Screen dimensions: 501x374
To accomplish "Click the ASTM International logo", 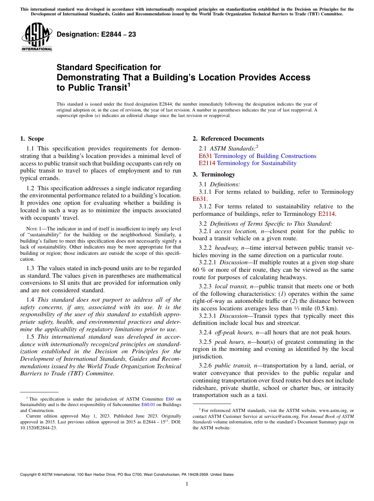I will [36, 37].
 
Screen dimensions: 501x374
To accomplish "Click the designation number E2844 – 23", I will [96, 34].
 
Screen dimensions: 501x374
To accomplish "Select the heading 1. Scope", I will [32, 139].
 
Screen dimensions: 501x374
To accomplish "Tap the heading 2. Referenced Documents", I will [228, 139].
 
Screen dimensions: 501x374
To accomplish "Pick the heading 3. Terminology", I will [214, 174].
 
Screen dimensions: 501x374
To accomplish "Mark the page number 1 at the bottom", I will [187, 484].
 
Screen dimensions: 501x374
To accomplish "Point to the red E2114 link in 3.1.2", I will [326, 214].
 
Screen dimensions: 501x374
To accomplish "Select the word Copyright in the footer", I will [30, 475].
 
